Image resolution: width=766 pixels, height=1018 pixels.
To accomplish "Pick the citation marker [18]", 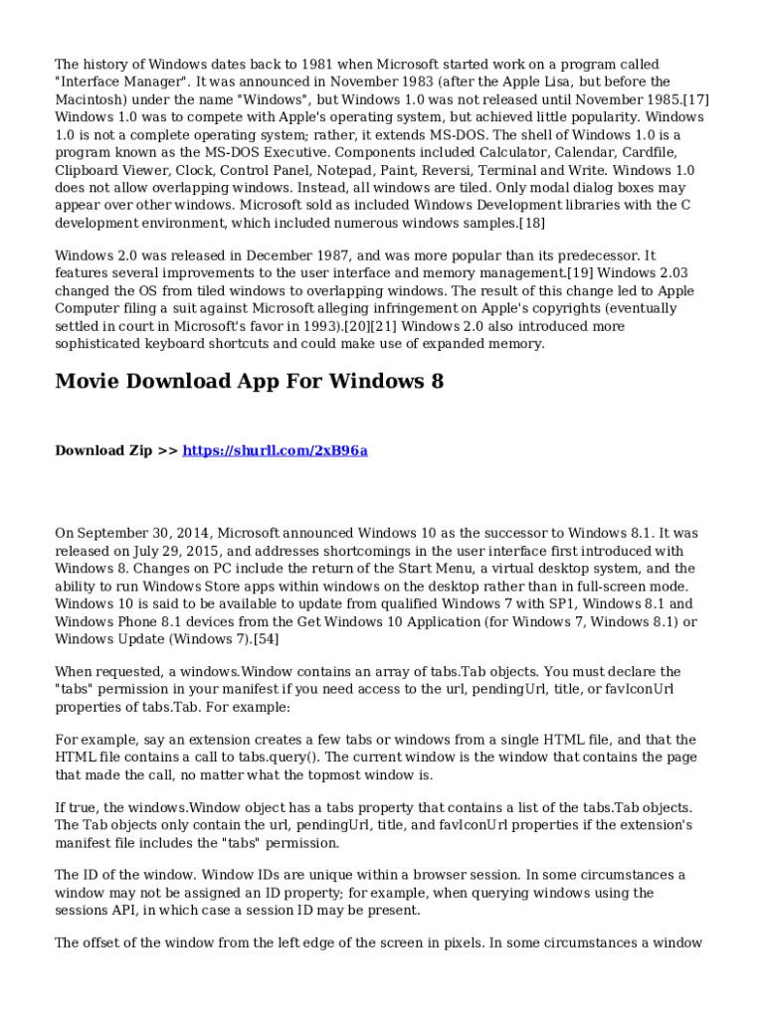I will [x=526, y=223].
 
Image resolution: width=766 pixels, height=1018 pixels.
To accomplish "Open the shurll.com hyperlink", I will [x=276, y=450].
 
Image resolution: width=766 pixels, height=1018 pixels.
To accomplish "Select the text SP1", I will [x=543, y=603].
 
